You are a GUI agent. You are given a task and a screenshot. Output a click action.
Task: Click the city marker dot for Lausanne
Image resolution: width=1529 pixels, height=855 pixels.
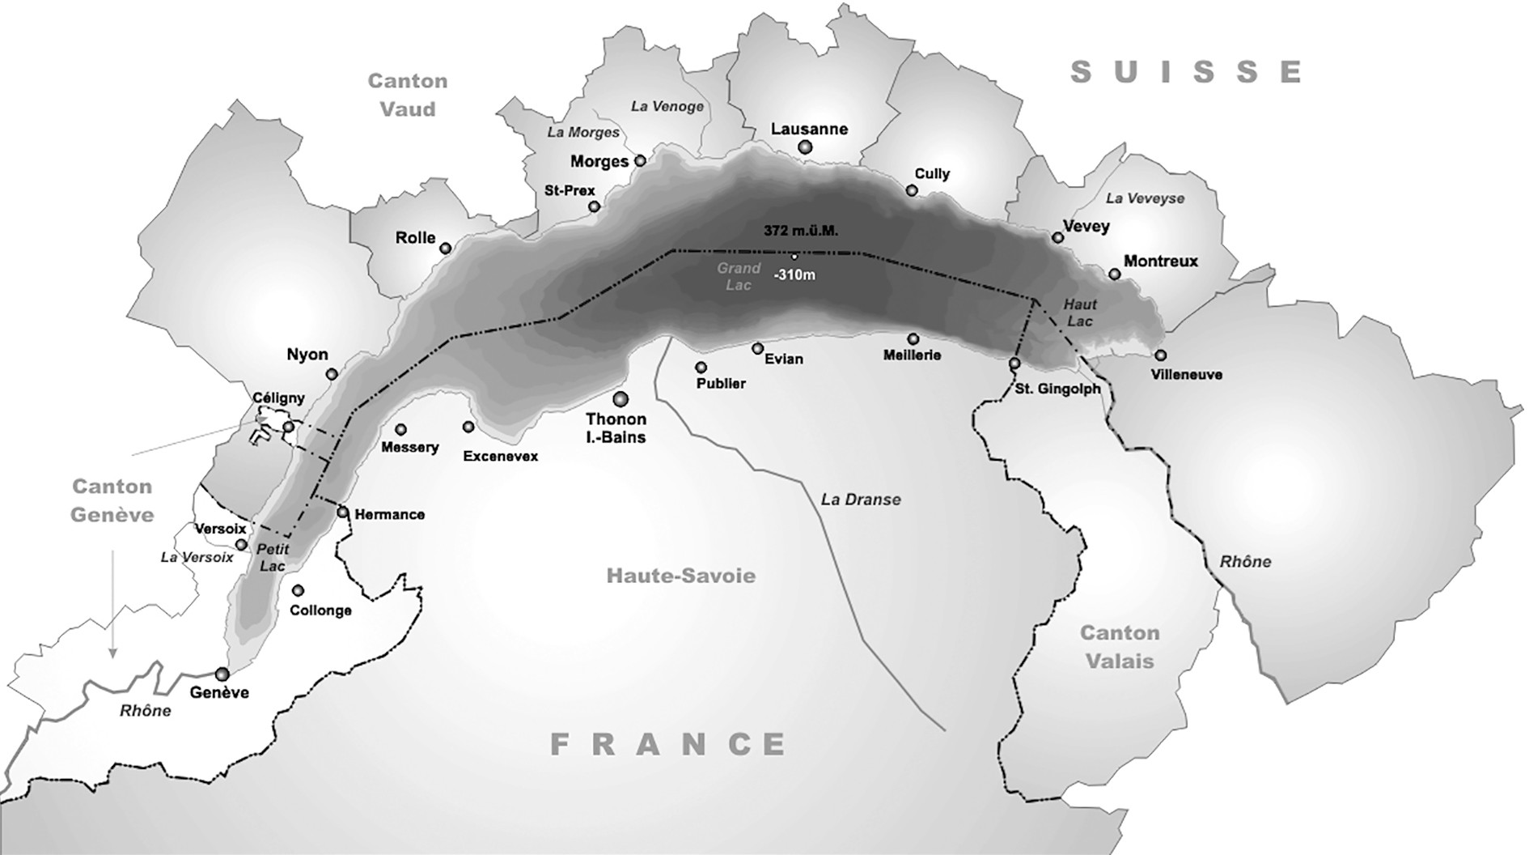coord(804,147)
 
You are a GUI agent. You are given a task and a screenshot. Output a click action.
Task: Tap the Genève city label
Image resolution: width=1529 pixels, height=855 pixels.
coord(218,693)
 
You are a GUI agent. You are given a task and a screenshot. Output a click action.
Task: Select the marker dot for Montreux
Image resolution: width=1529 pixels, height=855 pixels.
coord(1114,274)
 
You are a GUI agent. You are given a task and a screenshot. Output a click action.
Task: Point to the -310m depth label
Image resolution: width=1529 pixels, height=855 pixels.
coord(794,275)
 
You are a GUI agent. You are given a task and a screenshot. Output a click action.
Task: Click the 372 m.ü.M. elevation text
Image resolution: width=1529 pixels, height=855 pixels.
coord(801,231)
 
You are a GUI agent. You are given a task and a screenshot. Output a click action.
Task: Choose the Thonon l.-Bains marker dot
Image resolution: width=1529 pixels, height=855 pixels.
coord(620,398)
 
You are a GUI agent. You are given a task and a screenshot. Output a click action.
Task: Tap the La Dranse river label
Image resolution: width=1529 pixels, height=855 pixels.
coord(861,500)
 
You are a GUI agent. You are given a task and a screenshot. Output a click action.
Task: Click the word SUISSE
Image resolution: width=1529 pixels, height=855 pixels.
coord(1186,72)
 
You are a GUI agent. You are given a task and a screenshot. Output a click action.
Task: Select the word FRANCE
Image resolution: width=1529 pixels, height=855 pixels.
coord(668,744)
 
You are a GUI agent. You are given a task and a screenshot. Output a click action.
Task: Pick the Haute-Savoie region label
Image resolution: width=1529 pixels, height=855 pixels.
coord(681,576)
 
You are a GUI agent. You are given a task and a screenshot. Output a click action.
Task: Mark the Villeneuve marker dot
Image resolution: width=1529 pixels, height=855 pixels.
coord(1160,355)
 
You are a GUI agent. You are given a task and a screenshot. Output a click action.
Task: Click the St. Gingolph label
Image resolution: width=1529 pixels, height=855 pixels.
coord(1057,389)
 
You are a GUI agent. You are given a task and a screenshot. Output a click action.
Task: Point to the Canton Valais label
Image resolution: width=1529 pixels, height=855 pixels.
coord(1120,647)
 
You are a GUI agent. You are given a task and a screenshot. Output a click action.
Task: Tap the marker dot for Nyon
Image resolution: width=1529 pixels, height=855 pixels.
coord(331,374)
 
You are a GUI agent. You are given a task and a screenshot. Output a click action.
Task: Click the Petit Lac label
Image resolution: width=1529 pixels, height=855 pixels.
coord(273,558)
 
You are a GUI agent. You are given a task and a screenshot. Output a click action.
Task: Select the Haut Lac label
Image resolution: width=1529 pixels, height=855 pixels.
coord(1079,313)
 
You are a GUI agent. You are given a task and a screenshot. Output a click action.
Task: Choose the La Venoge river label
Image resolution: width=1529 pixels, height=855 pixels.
coord(667,106)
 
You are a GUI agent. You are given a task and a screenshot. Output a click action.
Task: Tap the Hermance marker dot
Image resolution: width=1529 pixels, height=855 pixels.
coord(342,513)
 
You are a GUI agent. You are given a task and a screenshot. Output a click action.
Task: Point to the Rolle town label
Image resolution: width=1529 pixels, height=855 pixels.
coord(415,238)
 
